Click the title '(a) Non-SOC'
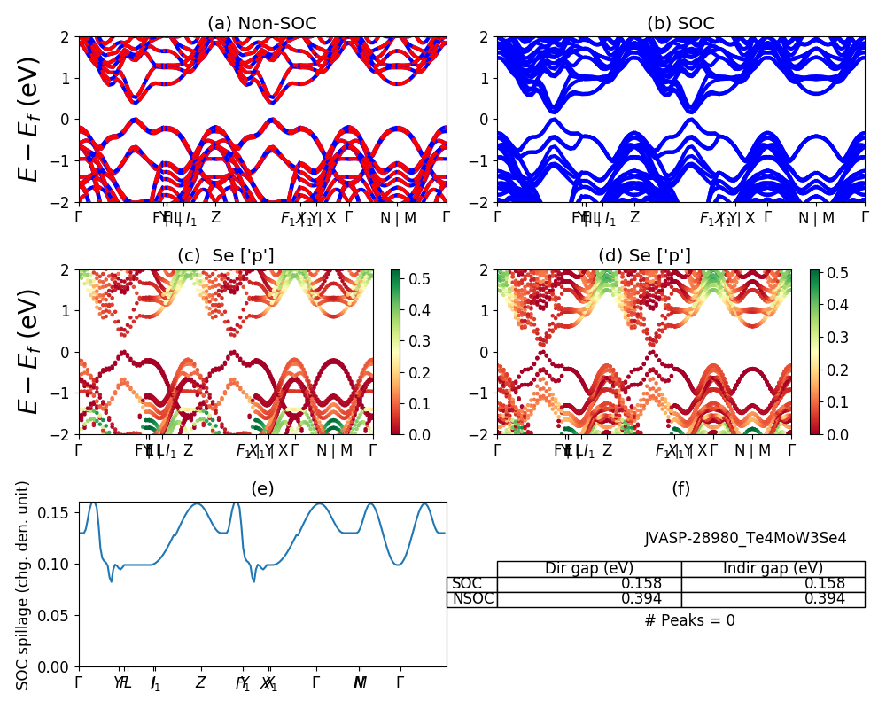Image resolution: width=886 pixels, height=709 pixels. (262, 24)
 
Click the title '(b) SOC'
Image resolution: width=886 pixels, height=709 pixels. (680, 24)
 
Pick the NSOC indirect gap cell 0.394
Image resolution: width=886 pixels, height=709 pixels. (824, 599)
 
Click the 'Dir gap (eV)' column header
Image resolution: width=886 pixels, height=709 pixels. (589, 569)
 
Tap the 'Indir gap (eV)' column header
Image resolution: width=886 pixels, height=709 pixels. (773, 569)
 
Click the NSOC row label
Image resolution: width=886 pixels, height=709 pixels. (472, 599)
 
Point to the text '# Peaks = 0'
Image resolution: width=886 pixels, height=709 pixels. (689, 620)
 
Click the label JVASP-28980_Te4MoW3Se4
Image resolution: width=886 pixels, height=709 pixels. (745, 538)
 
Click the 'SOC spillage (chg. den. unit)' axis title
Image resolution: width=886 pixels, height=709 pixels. (24, 585)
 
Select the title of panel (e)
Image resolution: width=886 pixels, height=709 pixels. (262, 488)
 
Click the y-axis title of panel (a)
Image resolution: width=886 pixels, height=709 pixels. (29, 120)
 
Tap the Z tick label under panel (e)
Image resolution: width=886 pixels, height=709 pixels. (201, 682)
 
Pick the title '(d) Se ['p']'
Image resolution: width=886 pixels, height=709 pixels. (644, 256)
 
